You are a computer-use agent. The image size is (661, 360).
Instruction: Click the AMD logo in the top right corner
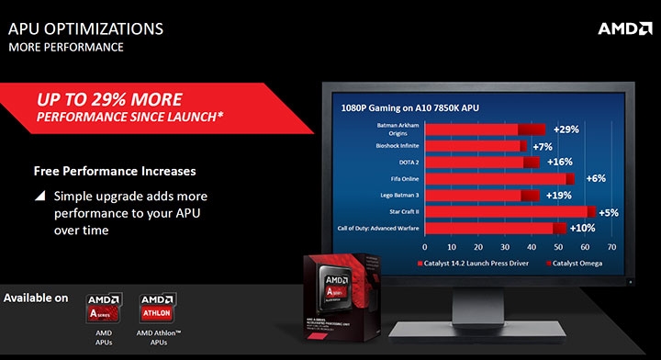(x=624, y=28)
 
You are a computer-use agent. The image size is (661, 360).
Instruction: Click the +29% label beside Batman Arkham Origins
(x=564, y=129)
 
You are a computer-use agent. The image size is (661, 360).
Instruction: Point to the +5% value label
(x=608, y=212)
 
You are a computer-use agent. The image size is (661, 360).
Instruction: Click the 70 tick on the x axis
(x=611, y=247)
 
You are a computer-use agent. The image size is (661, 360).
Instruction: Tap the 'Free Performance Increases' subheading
(x=115, y=171)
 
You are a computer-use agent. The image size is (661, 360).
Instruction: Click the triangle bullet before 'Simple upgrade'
(x=39, y=197)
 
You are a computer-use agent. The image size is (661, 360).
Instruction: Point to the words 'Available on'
(x=37, y=298)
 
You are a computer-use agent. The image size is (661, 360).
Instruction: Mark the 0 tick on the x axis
(x=424, y=247)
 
